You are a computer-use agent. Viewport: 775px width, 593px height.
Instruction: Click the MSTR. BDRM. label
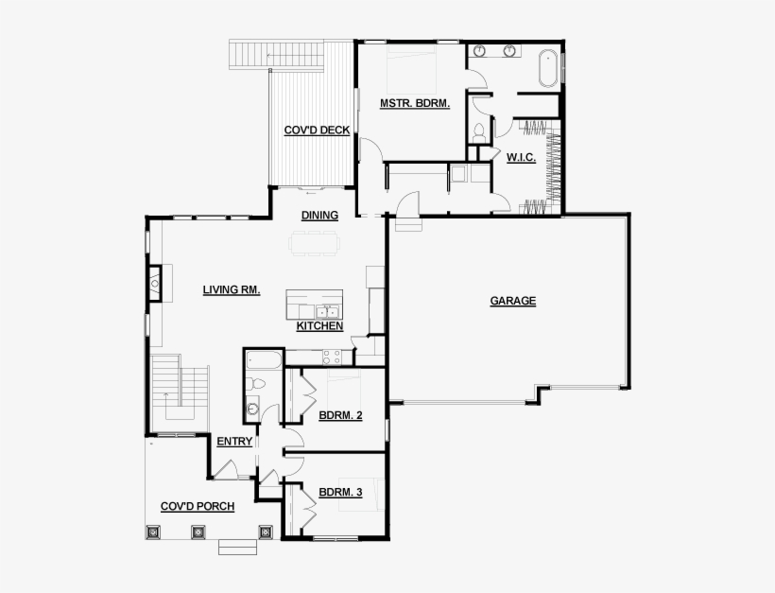[x=414, y=103]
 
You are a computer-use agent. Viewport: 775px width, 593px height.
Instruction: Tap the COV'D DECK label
[x=317, y=131]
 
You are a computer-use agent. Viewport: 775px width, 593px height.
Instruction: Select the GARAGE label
[x=513, y=302]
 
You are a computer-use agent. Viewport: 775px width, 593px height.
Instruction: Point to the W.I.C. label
[x=522, y=158]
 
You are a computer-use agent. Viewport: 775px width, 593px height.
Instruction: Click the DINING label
[x=319, y=216]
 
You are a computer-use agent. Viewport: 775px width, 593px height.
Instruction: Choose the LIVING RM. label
[x=232, y=290]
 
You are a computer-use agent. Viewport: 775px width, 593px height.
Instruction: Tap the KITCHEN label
[x=319, y=326]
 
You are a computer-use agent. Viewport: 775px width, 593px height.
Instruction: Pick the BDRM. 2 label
[x=340, y=414]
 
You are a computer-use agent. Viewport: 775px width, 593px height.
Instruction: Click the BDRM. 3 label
[x=340, y=492]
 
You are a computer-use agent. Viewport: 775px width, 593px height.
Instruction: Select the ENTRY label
[x=233, y=442]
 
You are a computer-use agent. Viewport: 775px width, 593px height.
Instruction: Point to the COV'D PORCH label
[x=197, y=507]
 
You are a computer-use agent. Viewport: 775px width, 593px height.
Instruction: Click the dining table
[x=316, y=245]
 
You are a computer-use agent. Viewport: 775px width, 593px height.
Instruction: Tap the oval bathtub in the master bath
[x=548, y=69]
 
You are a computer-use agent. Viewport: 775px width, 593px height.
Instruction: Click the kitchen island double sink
[x=328, y=311]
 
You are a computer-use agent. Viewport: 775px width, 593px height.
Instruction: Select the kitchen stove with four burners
[x=332, y=357]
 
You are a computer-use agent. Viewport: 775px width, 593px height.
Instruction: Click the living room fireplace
[x=154, y=282]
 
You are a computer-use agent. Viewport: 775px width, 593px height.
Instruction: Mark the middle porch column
[x=198, y=532]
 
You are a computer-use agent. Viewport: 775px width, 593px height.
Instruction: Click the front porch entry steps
[x=237, y=547]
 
